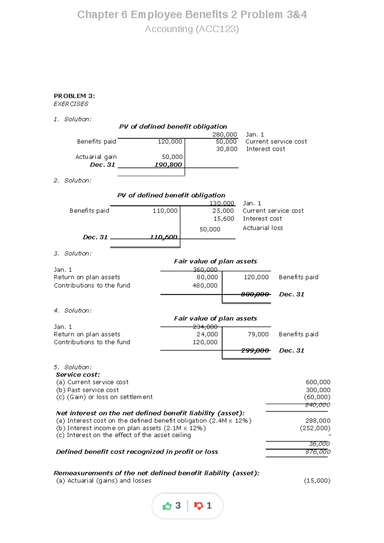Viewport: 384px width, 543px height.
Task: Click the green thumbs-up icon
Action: click(167, 506)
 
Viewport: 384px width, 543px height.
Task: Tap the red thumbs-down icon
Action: click(198, 506)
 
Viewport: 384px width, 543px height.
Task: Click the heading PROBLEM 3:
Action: click(74, 96)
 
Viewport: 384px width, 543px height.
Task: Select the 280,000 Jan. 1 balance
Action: click(225, 135)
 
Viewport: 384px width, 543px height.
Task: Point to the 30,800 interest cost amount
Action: click(227, 149)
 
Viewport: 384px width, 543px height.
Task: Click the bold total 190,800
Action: click(168, 165)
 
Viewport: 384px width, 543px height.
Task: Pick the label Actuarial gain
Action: click(96, 157)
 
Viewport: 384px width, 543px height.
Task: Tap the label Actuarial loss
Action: click(263, 228)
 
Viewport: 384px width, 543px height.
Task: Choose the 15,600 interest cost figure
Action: click(224, 219)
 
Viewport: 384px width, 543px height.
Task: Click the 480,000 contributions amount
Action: click(205, 286)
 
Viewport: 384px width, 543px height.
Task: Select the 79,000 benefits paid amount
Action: click(258, 334)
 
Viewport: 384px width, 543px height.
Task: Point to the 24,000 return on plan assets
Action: click(207, 334)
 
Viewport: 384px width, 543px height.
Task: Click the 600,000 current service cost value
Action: click(318, 382)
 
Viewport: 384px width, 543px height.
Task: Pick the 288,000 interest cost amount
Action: click(318, 421)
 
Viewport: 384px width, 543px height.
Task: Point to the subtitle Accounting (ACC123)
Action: click(192, 29)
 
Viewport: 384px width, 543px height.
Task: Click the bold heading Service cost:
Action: click(78, 374)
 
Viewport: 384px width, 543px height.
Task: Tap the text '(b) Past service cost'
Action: click(87, 390)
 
